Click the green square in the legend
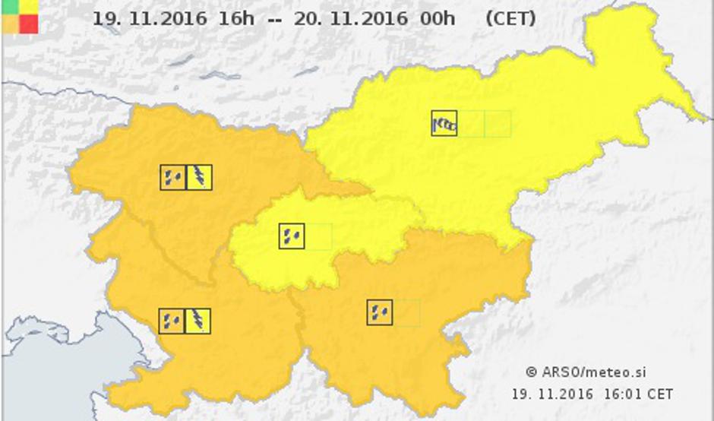(x=10, y=7)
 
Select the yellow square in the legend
(x=29, y=7)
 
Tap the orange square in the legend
(x=10, y=24)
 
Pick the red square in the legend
(x=29, y=24)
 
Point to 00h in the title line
(x=438, y=18)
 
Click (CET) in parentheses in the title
(x=510, y=18)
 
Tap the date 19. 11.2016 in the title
(x=149, y=18)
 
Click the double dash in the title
(x=276, y=19)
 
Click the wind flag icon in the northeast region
(x=444, y=123)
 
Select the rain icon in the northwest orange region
(x=172, y=177)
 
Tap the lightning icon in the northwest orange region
(x=199, y=177)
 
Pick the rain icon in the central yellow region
(x=292, y=236)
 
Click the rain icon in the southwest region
(x=171, y=321)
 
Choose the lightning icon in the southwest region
(x=197, y=321)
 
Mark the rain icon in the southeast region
(x=379, y=312)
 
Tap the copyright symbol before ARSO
(x=532, y=372)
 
